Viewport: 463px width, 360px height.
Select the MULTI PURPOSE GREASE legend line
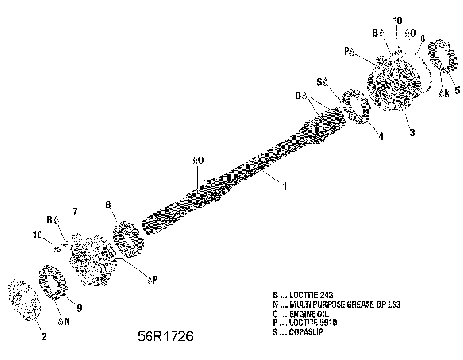[x=329, y=305]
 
